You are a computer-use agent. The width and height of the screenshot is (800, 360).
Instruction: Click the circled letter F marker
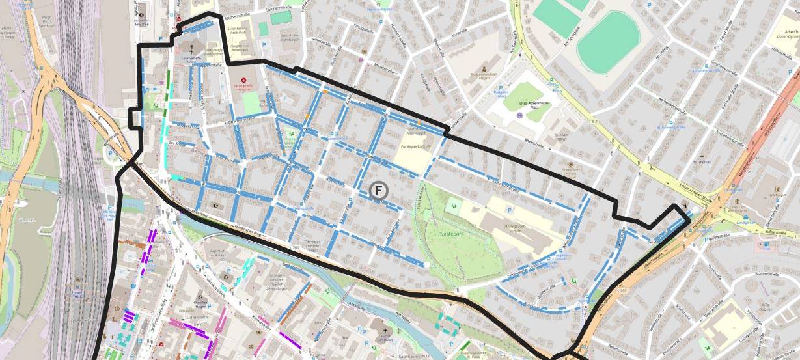tap(378, 191)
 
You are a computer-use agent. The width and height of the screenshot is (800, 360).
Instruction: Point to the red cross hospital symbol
tap(244, 80)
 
